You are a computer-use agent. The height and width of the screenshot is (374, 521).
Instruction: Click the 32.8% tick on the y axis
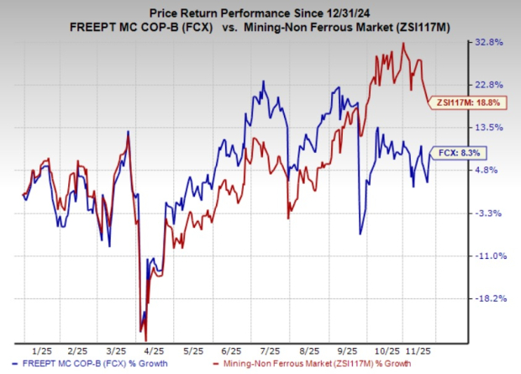[489, 41]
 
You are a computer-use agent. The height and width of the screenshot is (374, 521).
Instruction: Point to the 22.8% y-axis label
[489, 84]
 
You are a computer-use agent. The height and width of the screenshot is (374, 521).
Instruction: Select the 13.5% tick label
[489, 127]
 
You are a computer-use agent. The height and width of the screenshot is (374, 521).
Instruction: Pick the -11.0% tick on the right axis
[489, 255]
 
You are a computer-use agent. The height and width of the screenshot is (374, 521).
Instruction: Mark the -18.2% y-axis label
[489, 298]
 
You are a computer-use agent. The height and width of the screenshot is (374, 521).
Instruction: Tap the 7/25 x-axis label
[271, 348]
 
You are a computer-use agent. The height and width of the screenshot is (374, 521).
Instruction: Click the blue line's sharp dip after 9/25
[360, 234]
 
